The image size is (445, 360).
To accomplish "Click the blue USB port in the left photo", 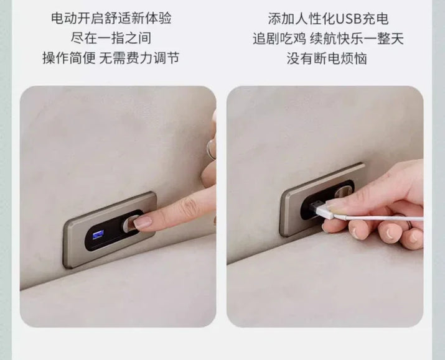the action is coord(98,235).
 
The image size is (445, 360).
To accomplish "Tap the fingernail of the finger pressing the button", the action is coord(143,223).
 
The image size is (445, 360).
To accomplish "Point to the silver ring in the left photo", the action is coord(210,149).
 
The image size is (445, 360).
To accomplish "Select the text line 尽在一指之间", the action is coord(111,39).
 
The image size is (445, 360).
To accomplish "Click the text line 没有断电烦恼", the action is coord(327,58).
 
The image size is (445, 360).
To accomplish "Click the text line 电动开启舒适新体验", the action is coord(111,18).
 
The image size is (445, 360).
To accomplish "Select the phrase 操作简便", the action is coord(69,58).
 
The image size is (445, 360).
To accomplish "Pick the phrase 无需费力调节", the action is coord(139,58).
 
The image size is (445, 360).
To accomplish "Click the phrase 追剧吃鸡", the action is coord(279,39).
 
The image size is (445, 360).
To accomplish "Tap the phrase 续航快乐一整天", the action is coord(357,39).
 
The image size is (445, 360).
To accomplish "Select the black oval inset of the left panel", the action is coord(114,230).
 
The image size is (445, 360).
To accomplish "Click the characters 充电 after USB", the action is coord(375,19).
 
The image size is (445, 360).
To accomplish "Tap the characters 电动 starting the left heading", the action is coord(64,18).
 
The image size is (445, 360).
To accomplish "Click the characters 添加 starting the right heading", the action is coord(281,19).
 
